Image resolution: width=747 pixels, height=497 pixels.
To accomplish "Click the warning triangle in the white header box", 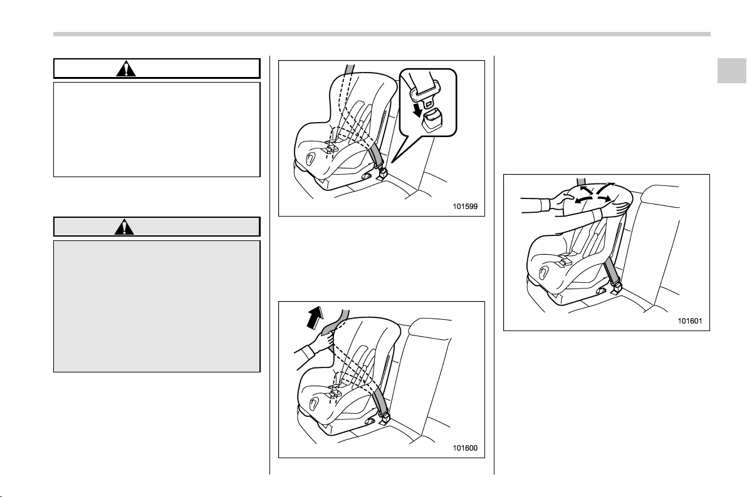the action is pyautogui.click(x=126, y=69).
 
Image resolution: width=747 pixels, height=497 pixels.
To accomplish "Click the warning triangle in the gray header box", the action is pyautogui.click(x=124, y=227).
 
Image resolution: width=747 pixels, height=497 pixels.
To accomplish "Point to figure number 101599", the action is pyautogui.click(x=464, y=207).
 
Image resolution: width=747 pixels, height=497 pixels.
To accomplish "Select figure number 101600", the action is pyautogui.click(x=464, y=448).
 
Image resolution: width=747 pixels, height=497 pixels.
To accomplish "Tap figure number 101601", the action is pyautogui.click(x=690, y=321).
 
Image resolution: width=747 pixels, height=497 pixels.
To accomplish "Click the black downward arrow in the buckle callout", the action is pyautogui.click(x=418, y=110).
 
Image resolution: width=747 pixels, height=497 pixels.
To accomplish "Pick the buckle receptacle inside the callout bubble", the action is pyautogui.click(x=432, y=120).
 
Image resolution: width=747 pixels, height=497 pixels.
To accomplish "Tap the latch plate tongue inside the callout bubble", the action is pyautogui.click(x=425, y=91).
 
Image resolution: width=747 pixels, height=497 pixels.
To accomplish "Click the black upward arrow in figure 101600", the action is pyautogui.click(x=315, y=317).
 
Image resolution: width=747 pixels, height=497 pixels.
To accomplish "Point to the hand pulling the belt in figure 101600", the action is pyautogui.click(x=317, y=344).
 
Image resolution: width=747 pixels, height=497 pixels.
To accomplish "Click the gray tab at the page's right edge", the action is pyautogui.click(x=732, y=71).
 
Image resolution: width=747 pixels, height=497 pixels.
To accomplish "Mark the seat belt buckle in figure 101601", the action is pyautogui.click(x=615, y=287).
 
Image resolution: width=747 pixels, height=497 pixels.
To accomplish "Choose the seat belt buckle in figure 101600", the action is pyautogui.click(x=384, y=418).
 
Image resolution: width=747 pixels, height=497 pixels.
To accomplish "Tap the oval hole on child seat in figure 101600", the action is pyautogui.click(x=314, y=403).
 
